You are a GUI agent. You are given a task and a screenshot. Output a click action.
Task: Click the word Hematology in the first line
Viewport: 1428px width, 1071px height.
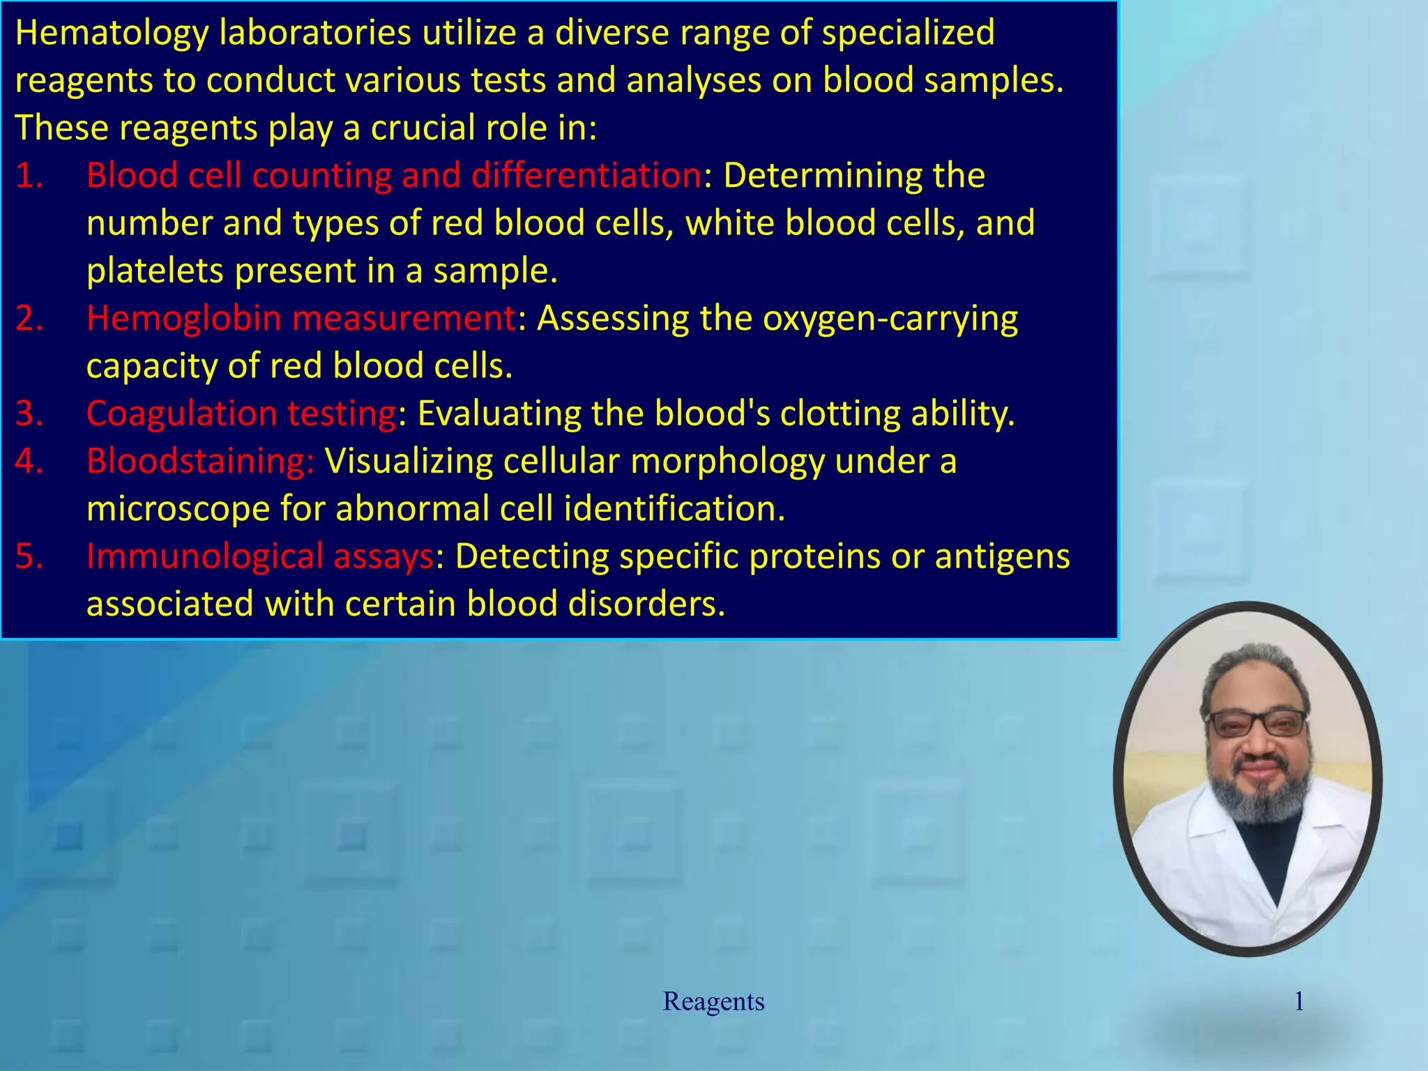click(112, 33)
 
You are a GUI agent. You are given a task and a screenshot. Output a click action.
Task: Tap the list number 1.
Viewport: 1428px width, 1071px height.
click(29, 176)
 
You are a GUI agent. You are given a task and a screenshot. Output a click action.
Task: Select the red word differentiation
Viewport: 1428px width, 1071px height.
click(586, 176)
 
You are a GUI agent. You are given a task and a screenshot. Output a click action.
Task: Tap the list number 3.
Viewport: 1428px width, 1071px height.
click(29, 413)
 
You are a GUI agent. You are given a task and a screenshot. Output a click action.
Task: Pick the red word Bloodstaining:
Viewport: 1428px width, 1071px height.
click(201, 462)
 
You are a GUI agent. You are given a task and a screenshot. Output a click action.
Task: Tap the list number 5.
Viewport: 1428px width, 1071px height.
click(29, 556)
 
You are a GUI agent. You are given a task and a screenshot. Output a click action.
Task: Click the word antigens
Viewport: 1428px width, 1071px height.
click(1002, 556)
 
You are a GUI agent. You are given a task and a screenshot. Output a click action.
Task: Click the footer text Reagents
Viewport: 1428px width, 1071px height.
click(713, 1001)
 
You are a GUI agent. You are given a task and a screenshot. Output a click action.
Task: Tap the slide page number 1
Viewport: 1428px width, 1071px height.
click(1299, 1001)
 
